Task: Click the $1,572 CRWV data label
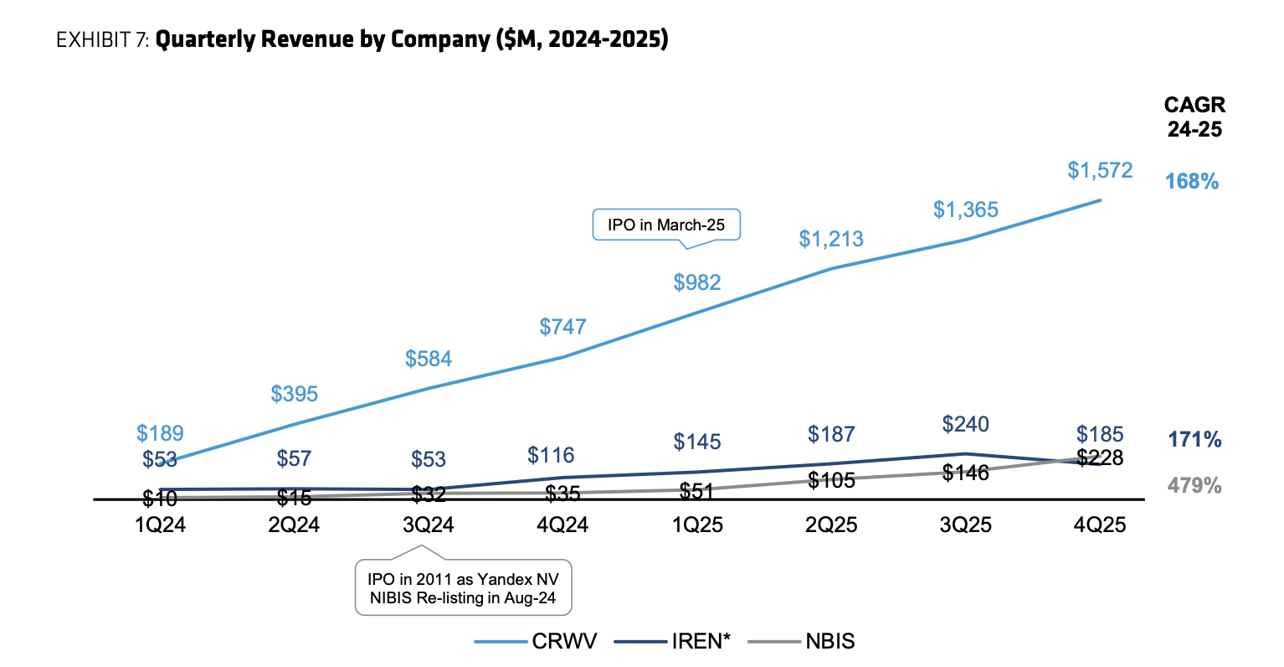(1100, 170)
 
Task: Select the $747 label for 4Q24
(562, 327)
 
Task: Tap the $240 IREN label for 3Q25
(965, 424)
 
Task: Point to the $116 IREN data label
(551, 455)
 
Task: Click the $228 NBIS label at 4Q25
(1100, 458)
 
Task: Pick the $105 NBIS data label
(831, 480)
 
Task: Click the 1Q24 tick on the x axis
(160, 525)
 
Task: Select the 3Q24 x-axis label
(429, 525)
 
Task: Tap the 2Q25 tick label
(831, 525)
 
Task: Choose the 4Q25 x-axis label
(1100, 525)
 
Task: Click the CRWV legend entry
(536, 642)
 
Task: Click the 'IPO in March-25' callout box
(666, 225)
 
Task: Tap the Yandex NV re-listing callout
(463, 588)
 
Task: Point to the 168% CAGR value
(1192, 181)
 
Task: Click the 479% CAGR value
(1194, 485)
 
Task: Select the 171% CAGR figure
(1194, 439)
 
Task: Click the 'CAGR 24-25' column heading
(1194, 116)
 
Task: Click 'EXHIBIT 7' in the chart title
(101, 39)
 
